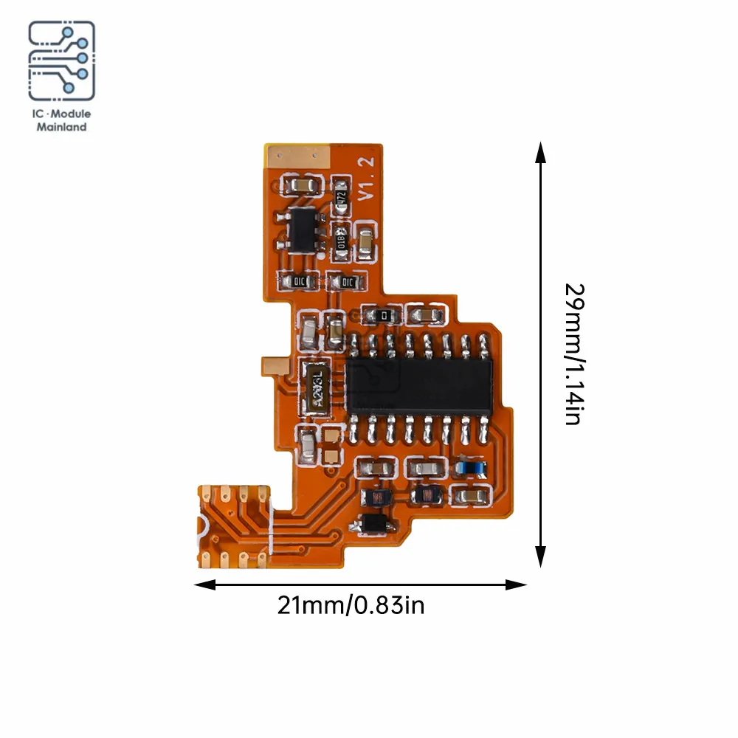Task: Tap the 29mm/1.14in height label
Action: click(574, 354)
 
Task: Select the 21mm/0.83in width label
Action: click(351, 606)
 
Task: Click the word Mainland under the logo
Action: click(62, 127)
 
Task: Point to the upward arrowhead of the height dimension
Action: click(541, 152)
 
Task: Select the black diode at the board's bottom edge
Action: click(376, 523)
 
